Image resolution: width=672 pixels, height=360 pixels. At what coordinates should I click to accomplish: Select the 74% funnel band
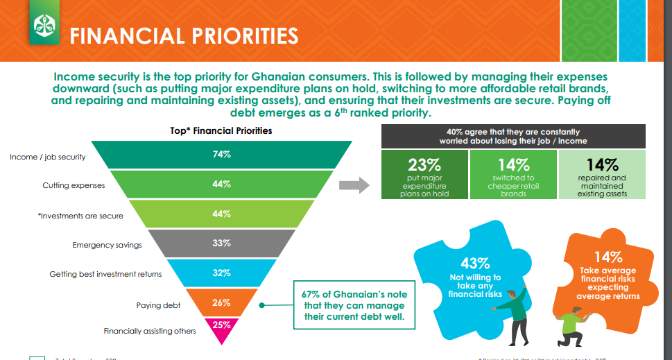click(221, 155)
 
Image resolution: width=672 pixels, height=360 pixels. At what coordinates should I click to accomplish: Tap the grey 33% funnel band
click(221, 243)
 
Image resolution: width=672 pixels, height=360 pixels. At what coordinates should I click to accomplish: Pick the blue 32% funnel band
click(221, 273)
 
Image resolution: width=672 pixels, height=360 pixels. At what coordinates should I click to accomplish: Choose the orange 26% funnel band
click(221, 302)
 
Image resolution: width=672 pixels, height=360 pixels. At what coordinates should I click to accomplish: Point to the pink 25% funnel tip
click(221, 326)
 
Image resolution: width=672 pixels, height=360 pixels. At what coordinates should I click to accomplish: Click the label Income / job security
click(48, 157)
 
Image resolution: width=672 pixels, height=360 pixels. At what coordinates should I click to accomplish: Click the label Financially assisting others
click(150, 331)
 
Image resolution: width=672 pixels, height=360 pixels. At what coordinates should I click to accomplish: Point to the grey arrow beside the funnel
click(353, 185)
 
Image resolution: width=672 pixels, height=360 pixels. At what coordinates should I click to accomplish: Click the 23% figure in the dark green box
click(424, 165)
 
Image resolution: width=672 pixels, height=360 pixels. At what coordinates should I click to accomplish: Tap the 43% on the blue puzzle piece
click(475, 264)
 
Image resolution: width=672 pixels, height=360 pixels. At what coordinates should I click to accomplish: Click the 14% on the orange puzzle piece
click(608, 257)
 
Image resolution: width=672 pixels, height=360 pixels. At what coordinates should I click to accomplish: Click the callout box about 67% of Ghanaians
click(354, 305)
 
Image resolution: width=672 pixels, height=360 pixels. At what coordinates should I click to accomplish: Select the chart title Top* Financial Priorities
click(221, 130)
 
